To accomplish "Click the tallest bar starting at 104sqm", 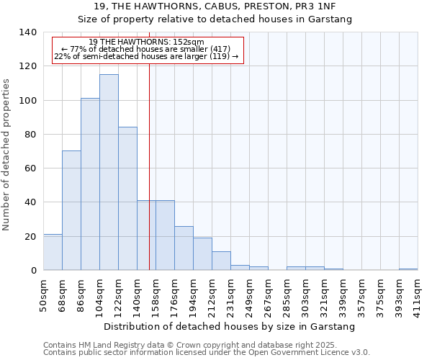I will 109,173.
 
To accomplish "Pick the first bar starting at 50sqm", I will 53,252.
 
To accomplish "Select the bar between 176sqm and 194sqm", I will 184,248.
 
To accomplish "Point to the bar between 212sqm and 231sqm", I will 221,261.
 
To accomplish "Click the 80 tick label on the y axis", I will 30,135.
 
